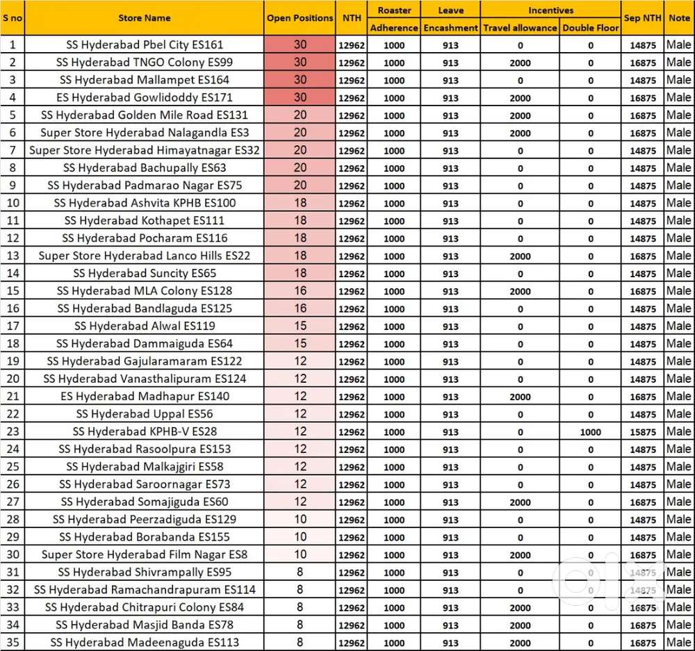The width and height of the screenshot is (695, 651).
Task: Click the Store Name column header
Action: tap(144, 18)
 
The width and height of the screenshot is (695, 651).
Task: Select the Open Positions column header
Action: tap(300, 18)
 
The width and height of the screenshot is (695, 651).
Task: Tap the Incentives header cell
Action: tap(550, 10)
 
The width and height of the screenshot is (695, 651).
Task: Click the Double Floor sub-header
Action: tap(590, 28)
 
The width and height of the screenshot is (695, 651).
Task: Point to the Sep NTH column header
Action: tap(642, 18)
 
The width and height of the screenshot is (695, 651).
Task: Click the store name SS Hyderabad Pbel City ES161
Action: tap(145, 45)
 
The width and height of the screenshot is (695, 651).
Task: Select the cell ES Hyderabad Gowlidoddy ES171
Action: tap(145, 97)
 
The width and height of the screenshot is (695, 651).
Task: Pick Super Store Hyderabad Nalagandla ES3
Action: tap(145, 133)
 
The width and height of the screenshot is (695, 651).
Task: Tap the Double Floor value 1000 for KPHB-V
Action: tap(590, 432)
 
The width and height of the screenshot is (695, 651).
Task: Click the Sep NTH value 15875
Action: tap(642, 432)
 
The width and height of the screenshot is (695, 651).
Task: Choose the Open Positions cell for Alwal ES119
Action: tap(300, 326)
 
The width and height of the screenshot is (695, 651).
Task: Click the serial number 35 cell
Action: tap(13, 642)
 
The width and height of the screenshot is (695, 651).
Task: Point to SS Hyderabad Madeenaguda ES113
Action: tap(145, 642)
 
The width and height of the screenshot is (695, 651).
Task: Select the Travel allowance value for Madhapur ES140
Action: tap(520, 397)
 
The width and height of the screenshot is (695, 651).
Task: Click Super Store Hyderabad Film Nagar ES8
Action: tap(145, 554)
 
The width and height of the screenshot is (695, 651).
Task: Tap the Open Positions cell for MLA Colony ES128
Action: tap(300, 291)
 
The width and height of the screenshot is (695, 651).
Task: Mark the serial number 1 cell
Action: tap(13, 45)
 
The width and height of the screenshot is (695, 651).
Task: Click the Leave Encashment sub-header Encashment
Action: tap(450, 28)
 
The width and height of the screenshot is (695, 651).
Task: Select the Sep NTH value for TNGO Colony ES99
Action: tap(642, 63)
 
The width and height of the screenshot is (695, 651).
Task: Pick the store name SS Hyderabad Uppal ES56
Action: tap(145, 414)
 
